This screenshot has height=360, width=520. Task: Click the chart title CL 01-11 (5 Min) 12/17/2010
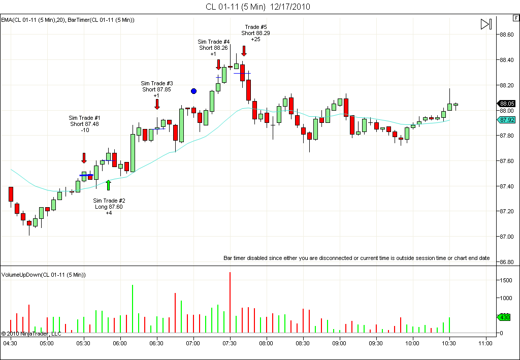click(257, 7)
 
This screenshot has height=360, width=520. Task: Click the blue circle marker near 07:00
click(193, 91)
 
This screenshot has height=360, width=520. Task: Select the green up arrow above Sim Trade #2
click(109, 185)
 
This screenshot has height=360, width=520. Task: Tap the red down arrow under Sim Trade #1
click(84, 158)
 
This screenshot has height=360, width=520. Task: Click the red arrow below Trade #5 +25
click(244, 51)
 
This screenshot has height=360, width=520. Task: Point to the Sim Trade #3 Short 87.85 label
click(156, 89)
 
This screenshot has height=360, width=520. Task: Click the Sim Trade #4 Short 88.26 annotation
click(214, 48)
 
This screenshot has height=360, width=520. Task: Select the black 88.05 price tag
click(506, 104)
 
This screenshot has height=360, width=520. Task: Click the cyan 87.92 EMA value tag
click(506, 120)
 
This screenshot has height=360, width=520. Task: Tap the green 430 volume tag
click(504, 317)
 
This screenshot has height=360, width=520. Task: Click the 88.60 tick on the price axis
click(506, 35)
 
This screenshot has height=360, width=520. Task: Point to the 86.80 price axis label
click(506, 262)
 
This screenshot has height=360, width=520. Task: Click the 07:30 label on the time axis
click(230, 343)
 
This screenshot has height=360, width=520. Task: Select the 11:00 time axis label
click(485, 343)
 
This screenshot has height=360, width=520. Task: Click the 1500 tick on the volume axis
click(506, 280)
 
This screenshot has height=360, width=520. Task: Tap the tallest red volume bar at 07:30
click(230, 302)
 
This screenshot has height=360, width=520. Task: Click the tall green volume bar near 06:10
click(133, 309)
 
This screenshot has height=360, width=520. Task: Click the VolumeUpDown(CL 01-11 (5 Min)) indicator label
click(44, 275)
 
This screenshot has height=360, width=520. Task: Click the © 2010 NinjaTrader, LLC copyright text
click(31, 334)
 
